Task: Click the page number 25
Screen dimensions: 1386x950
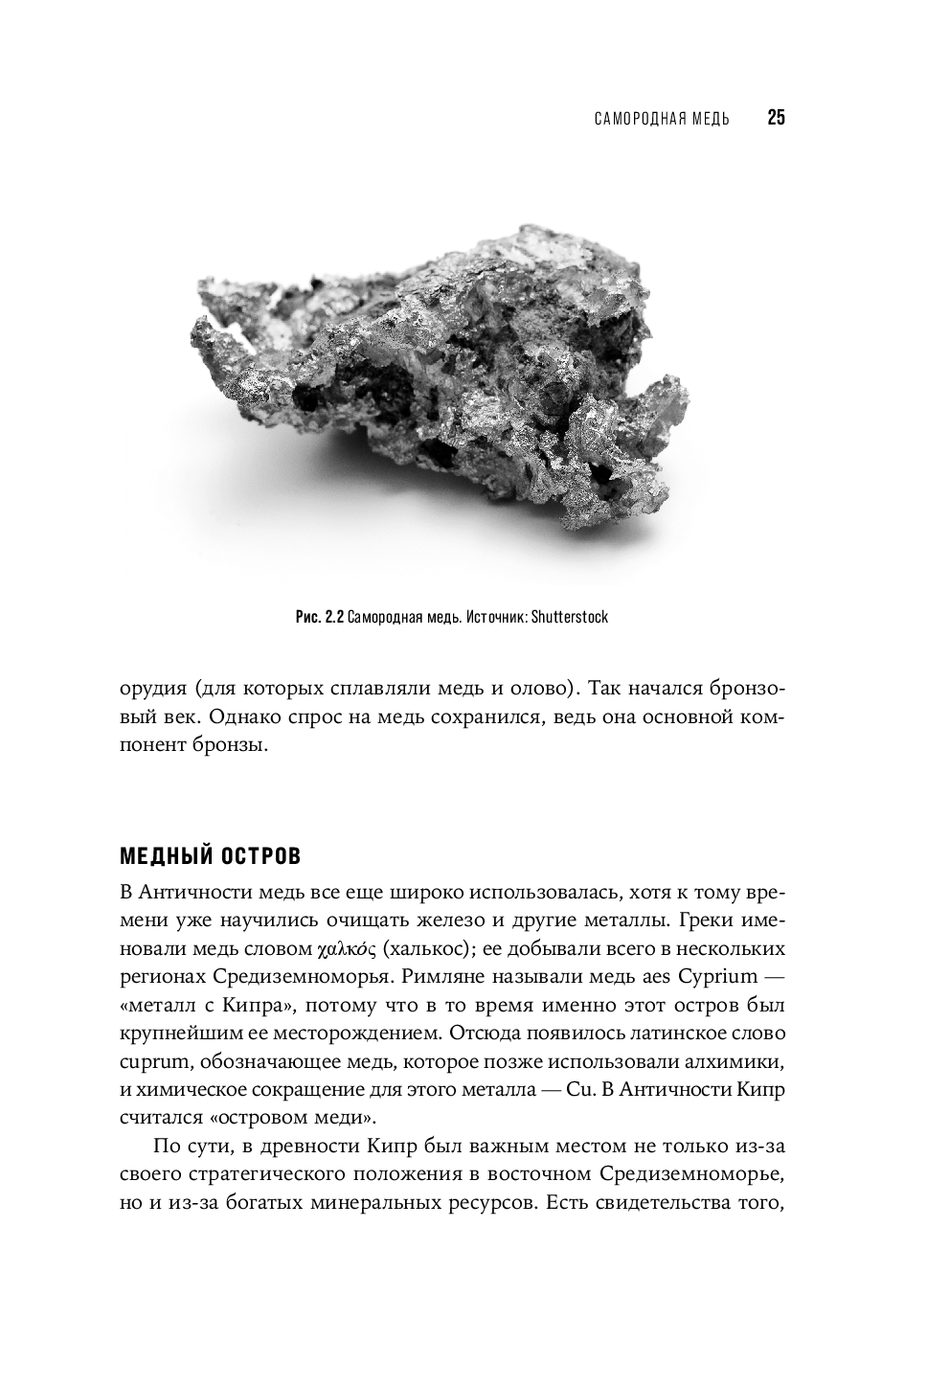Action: pyautogui.click(x=776, y=119)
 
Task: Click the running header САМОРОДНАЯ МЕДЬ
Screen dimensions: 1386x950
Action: pyautogui.click(x=662, y=120)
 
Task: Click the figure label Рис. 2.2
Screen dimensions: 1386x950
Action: pyautogui.click(x=319, y=617)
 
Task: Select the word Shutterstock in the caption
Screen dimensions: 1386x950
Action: pyautogui.click(x=569, y=617)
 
